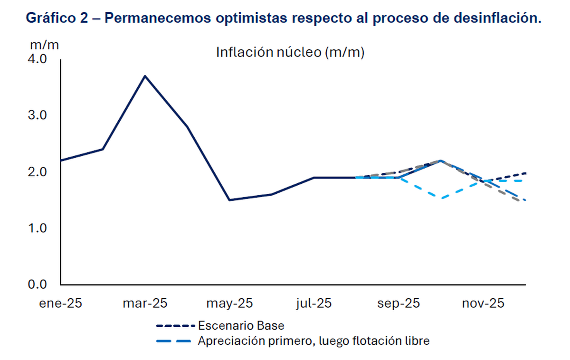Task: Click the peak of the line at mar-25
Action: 145,76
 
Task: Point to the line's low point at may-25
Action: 229,200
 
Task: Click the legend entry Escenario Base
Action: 241,326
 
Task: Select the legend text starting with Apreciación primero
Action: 313,341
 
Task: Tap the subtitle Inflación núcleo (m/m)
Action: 290,52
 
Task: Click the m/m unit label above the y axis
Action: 45,46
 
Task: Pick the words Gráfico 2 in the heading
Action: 57,19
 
